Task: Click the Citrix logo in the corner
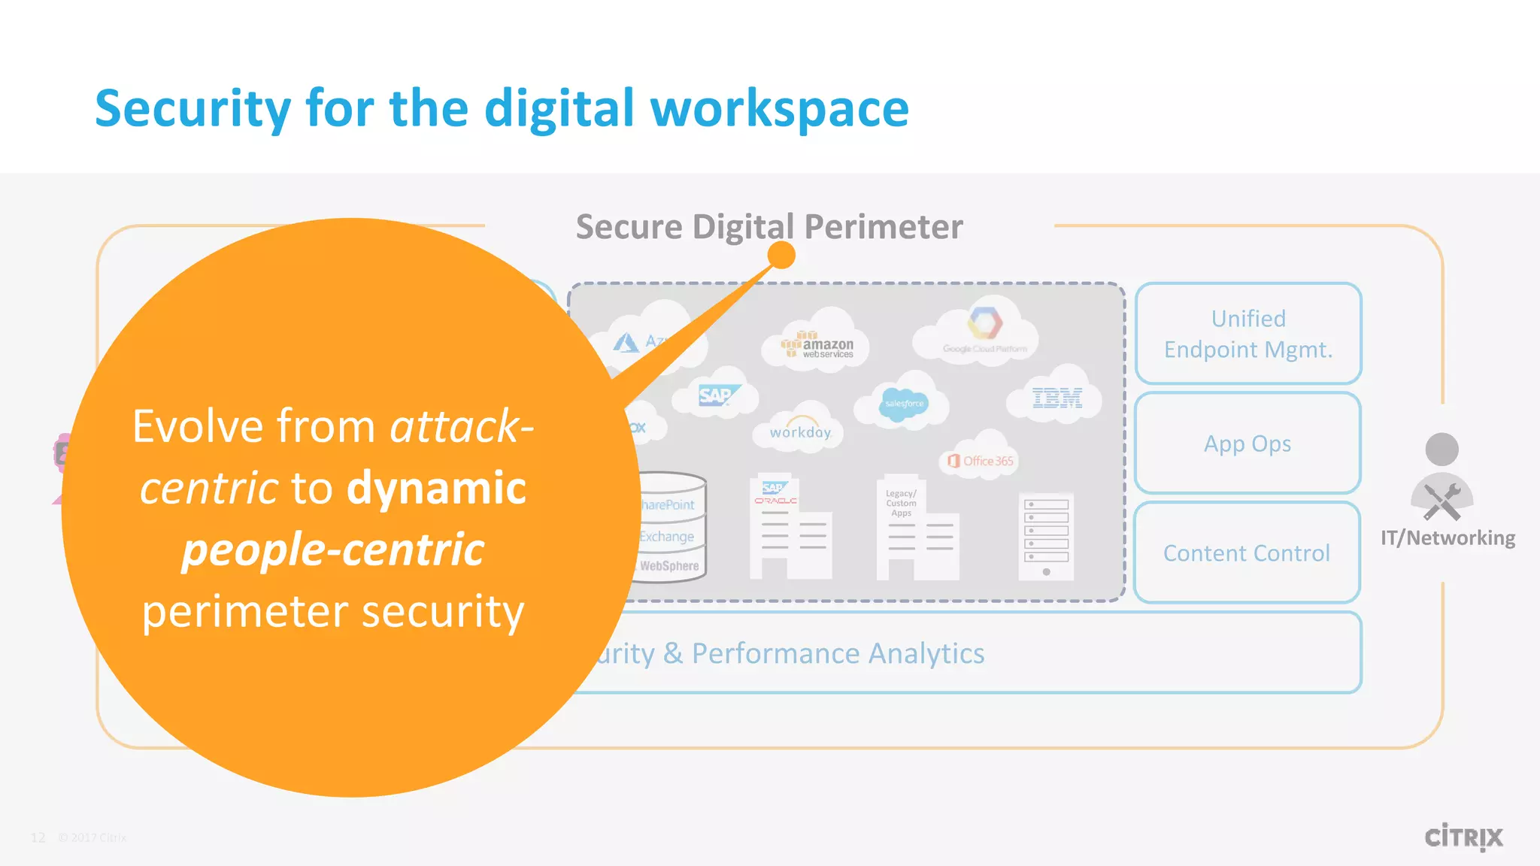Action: tap(1463, 837)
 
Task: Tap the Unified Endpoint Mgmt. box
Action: tap(1248, 334)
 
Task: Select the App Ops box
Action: tap(1247, 444)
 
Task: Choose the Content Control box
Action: tap(1247, 553)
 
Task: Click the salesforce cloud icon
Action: tap(904, 404)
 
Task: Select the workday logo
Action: tap(800, 431)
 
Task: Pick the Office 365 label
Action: tap(981, 461)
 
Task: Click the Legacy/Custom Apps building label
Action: tap(901, 503)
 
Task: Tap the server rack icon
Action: tap(1046, 536)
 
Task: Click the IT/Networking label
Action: tap(1448, 538)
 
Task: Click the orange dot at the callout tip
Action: tap(781, 256)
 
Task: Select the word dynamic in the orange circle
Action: tap(436, 488)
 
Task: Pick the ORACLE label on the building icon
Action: tap(775, 501)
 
